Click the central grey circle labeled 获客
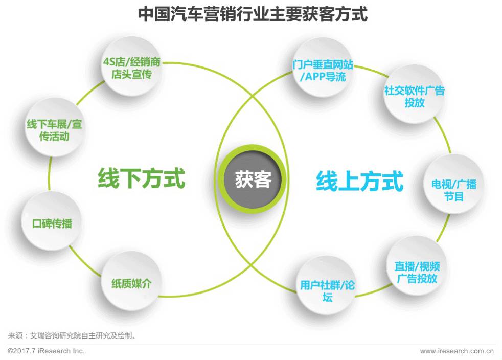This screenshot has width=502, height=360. click(x=253, y=179)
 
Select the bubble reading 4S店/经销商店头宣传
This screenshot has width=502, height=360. click(x=131, y=69)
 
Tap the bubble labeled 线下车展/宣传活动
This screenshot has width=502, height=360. click(x=54, y=130)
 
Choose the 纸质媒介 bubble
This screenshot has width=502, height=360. click(x=131, y=283)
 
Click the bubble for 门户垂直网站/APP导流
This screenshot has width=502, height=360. click(x=323, y=71)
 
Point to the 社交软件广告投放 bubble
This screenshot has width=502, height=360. click(x=414, y=96)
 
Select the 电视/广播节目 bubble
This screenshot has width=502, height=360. click(x=453, y=190)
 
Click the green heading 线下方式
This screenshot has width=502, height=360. click(x=141, y=179)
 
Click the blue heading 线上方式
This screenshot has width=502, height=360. click(x=359, y=181)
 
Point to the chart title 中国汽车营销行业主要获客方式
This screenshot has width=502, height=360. click(x=253, y=14)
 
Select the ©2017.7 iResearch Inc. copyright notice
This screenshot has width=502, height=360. click(x=46, y=351)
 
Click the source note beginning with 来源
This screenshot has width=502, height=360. click(x=72, y=336)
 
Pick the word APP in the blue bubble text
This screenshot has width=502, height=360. click(x=317, y=77)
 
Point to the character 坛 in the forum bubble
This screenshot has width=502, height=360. click(x=327, y=297)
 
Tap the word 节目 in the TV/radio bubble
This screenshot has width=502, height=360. click(x=453, y=196)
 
